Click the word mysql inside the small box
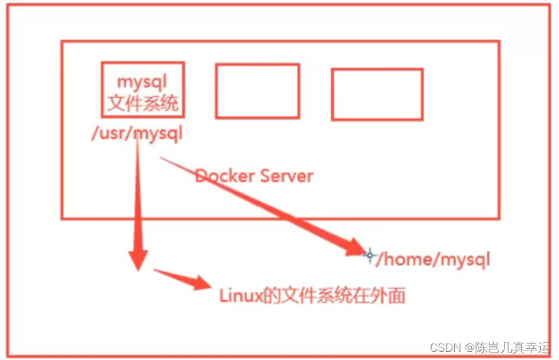pos(142,82)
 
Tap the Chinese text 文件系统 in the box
pos(142,103)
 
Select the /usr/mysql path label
pos(136,134)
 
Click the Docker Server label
pos(254,175)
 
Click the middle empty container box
pos(257,91)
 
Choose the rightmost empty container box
pos(377,94)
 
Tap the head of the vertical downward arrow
pos(138,258)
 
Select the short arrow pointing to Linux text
pos(182,279)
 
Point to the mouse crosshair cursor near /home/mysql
pos(370,255)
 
